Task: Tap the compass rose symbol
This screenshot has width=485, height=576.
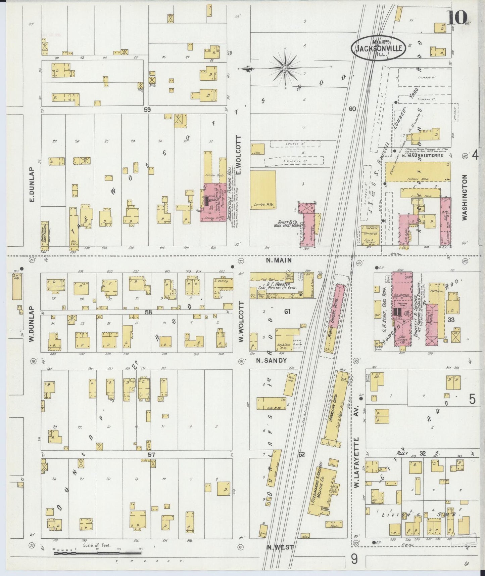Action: [x=285, y=68]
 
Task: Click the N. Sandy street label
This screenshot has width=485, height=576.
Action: [x=272, y=361]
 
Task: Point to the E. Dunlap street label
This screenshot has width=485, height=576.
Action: [x=33, y=185]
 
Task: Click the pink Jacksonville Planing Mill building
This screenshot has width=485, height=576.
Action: [x=213, y=202]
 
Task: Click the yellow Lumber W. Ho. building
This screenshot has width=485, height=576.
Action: [x=263, y=190]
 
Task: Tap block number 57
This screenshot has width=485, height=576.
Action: [x=151, y=455]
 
